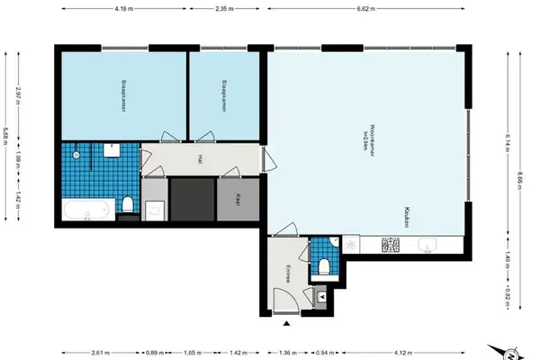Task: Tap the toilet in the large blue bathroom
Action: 130,206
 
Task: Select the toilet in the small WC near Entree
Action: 323,266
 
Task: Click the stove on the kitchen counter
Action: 391,244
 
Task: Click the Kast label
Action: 238,201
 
